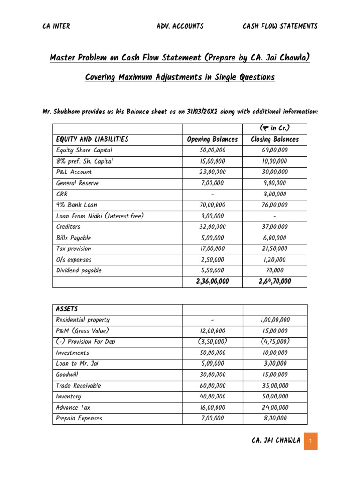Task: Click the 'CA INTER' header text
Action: (56, 26)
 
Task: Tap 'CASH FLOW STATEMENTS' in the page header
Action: (280, 26)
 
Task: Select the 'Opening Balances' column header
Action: (212, 139)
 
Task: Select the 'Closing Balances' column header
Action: (275, 139)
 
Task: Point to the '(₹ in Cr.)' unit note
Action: (275, 128)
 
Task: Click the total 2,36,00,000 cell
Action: (212, 281)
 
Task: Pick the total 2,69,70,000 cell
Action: (275, 281)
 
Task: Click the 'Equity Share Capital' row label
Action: (84, 150)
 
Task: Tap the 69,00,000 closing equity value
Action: (275, 150)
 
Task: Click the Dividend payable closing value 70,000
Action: (275, 270)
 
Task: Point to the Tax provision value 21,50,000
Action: (275, 249)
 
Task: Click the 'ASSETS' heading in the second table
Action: (67, 309)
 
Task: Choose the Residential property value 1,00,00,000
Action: (275, 320)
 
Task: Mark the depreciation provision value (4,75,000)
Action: (275, 342)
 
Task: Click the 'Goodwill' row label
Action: (68, 375)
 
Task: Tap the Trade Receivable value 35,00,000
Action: (275, 386)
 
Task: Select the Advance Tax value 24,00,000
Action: (275, 408)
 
